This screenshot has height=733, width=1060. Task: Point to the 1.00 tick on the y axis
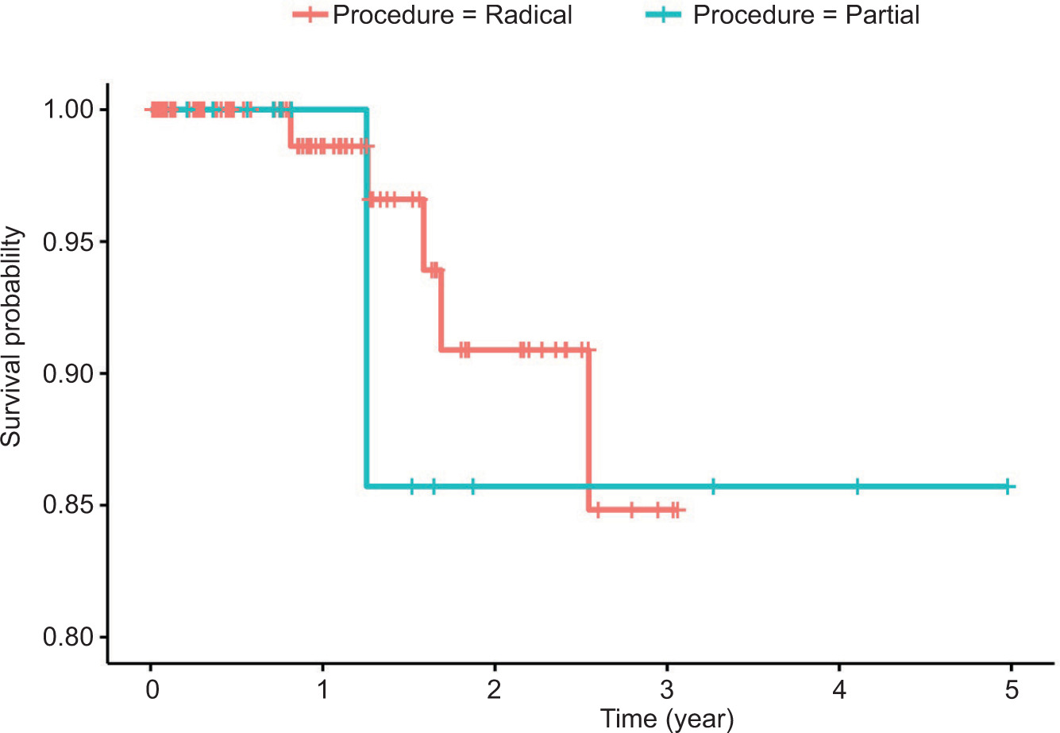pyautogui.click(x=70, y=110)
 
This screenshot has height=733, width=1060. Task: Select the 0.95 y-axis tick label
pyautogui.click(x=70, y=241)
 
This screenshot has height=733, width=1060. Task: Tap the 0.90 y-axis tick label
pyautogui.click(x=70, y=373)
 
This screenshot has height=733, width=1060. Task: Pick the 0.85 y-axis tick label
pyautogui.click(x=70, y=505)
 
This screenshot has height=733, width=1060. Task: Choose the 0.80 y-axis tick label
pyautogui.click(x=70, y=637)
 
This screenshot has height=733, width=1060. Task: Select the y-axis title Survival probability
pyautogui.click(x=13, y=337)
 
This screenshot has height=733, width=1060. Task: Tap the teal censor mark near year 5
pyautogui.click(x=1007, y=486)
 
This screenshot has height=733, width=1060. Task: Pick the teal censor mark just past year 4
pyautogui.click(x=858, y=486)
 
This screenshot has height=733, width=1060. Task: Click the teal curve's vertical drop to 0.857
pyautogui.click(x=367, y=318)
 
